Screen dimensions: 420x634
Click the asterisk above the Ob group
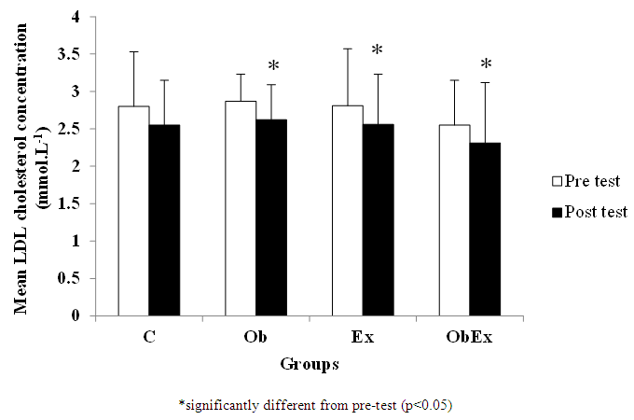[x=273, y=67]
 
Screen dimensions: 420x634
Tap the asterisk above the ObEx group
[x=486, y=65]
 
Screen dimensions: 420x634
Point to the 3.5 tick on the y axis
[x=93, y=54]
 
